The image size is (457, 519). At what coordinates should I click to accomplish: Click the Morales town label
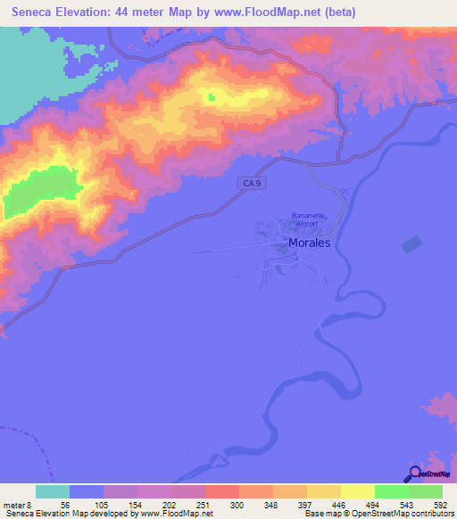[x=309, y=243]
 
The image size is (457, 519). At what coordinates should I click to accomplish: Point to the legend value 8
[x=29, y=504]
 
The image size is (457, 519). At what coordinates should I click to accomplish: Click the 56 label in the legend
[x=65, y=504]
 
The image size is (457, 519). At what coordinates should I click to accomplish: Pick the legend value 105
[x=101, y=504]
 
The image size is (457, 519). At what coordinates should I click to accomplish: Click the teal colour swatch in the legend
[x=53, y=491]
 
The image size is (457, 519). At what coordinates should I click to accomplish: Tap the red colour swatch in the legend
[x=222, y=491]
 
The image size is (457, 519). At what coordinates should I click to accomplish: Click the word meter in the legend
[x=13, y=504]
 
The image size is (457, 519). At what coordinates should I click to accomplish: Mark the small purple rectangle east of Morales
[x=411, y=243]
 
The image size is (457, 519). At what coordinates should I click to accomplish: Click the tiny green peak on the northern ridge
[x=212, y=97]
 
